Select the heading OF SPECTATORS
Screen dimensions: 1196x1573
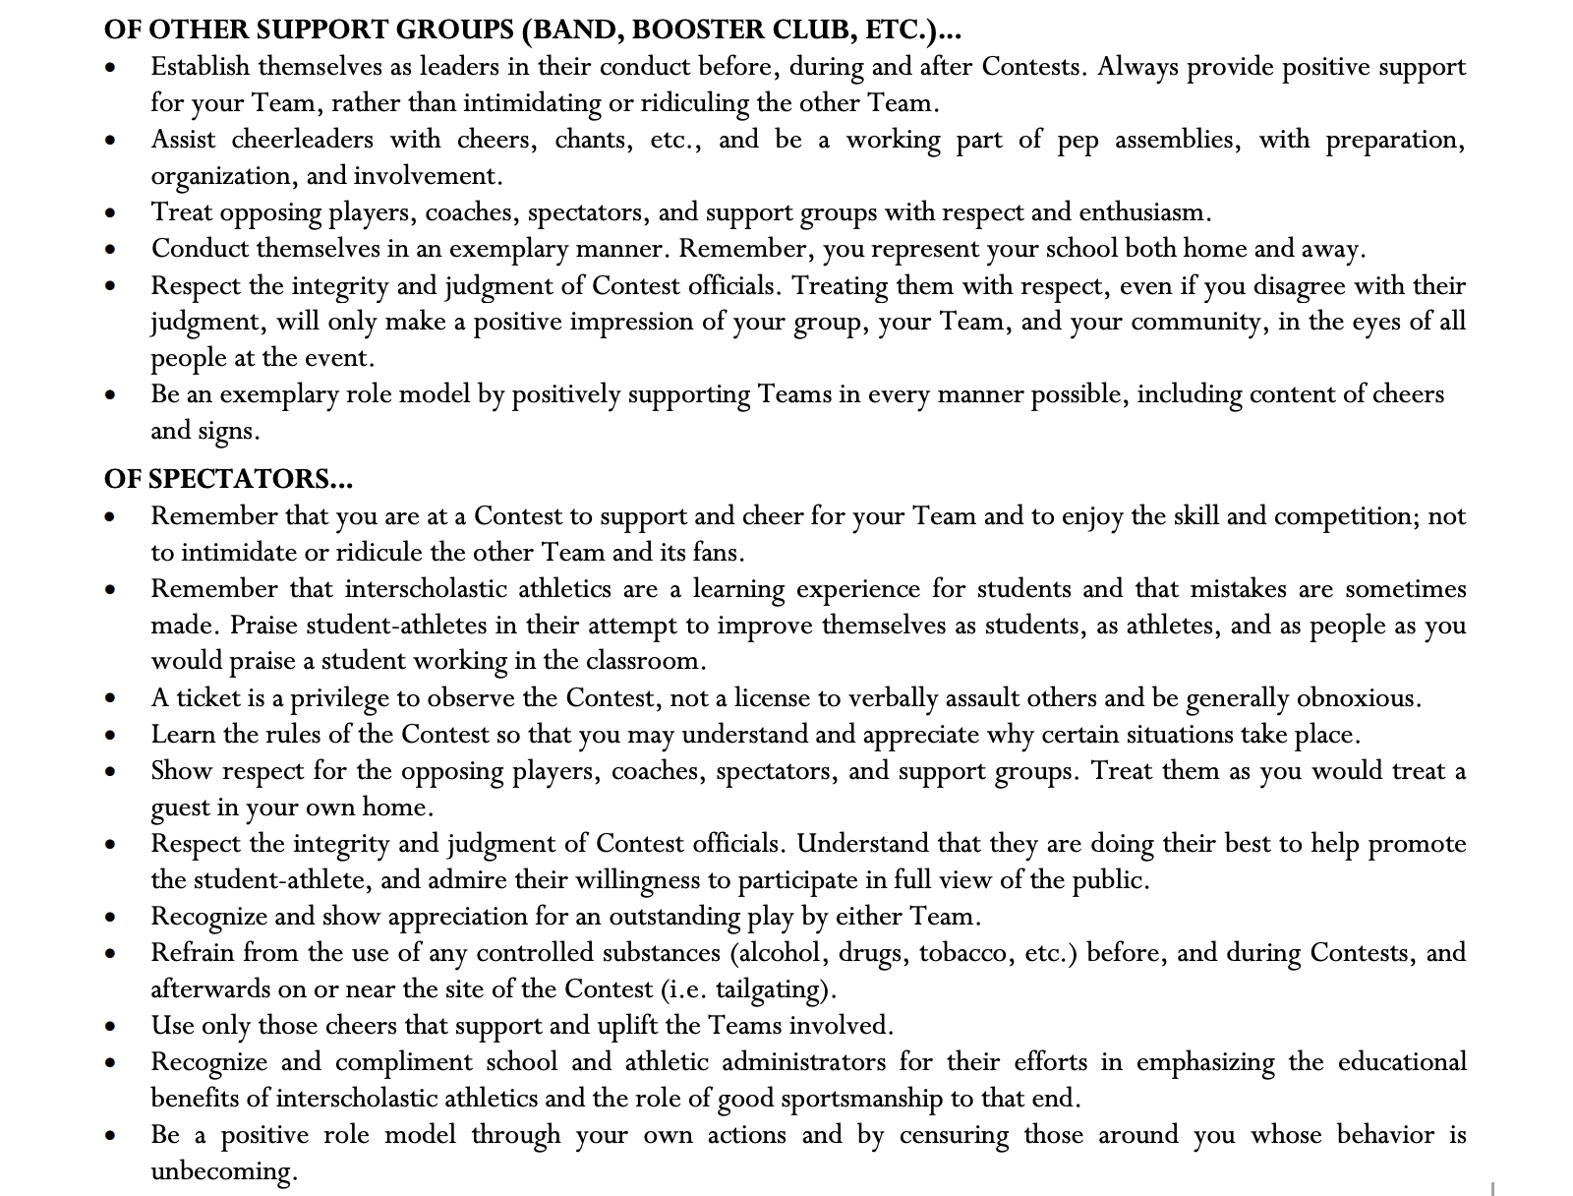228,479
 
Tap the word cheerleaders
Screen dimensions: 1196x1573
302,140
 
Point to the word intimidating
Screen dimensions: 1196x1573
532,103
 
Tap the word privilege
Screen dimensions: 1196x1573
339,698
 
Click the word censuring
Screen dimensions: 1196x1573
954,1135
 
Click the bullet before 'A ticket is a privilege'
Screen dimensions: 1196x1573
112,699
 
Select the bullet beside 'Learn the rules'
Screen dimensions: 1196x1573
112,736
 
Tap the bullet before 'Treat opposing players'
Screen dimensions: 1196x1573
112,213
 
